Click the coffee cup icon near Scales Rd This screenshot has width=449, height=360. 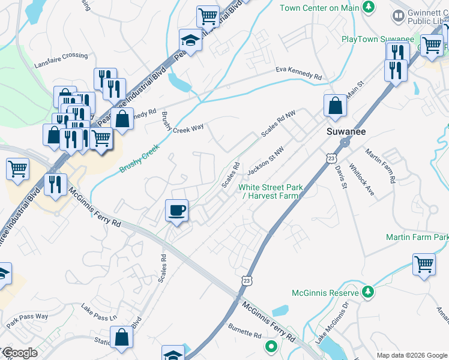pyautogui.click(x=176, y=211)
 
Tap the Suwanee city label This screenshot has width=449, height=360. pyautogui.click(x=346, y=131)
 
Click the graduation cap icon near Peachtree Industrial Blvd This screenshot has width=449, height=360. pyautogui.click(x=190, y=41)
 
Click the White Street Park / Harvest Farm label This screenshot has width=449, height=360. pyautogui.click(x=270, y=191)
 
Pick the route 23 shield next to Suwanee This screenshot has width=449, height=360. pyautogui.click(x=331, y=157)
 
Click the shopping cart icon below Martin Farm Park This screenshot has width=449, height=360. pyautogui.click(x=424, y=264)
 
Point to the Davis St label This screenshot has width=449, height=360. pyautogui.click(x=340, y=177)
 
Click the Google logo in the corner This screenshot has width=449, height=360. pyautogui.click(x=20, y=353)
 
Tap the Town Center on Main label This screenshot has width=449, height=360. pyautogui.click(x=319, y=7)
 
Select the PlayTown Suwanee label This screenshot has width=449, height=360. pyautogui.click(x=378, y=39)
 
